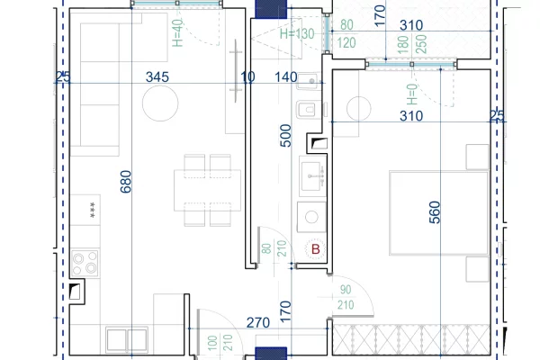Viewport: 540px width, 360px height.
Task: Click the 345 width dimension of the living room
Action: coord(157,76)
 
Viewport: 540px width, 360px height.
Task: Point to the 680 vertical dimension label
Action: coord(126,182)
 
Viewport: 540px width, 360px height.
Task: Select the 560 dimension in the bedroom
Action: coord(435,212)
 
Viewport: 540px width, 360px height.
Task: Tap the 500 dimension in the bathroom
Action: coord(285,136)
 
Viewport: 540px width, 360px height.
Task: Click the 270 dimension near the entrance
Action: coord(258,323)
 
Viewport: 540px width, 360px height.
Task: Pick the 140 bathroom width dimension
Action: coord(286,76)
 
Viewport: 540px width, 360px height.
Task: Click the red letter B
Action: coord(316,249)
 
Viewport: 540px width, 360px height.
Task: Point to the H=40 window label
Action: coord(177,32)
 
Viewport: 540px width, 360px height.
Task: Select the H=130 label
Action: coord(297,34)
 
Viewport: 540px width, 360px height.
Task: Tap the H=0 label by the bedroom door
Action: coord(412,94)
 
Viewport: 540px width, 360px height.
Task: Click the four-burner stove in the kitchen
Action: coord(85,263)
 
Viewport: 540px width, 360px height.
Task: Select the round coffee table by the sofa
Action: coord(160,103)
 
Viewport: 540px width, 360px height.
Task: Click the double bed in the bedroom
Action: coord(439,213)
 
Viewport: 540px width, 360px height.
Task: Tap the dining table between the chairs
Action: coord(207,190)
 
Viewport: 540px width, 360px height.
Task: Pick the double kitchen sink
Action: coord(127,339)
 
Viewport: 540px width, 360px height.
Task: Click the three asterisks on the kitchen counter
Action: coord(93,210)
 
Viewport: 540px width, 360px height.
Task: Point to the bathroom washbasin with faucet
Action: coord(312,176)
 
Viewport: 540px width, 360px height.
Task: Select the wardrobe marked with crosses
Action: coord(411,339)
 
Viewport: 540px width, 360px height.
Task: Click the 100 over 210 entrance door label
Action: coord(220,343)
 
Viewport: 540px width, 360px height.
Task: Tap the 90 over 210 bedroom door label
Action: coord(346,297)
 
